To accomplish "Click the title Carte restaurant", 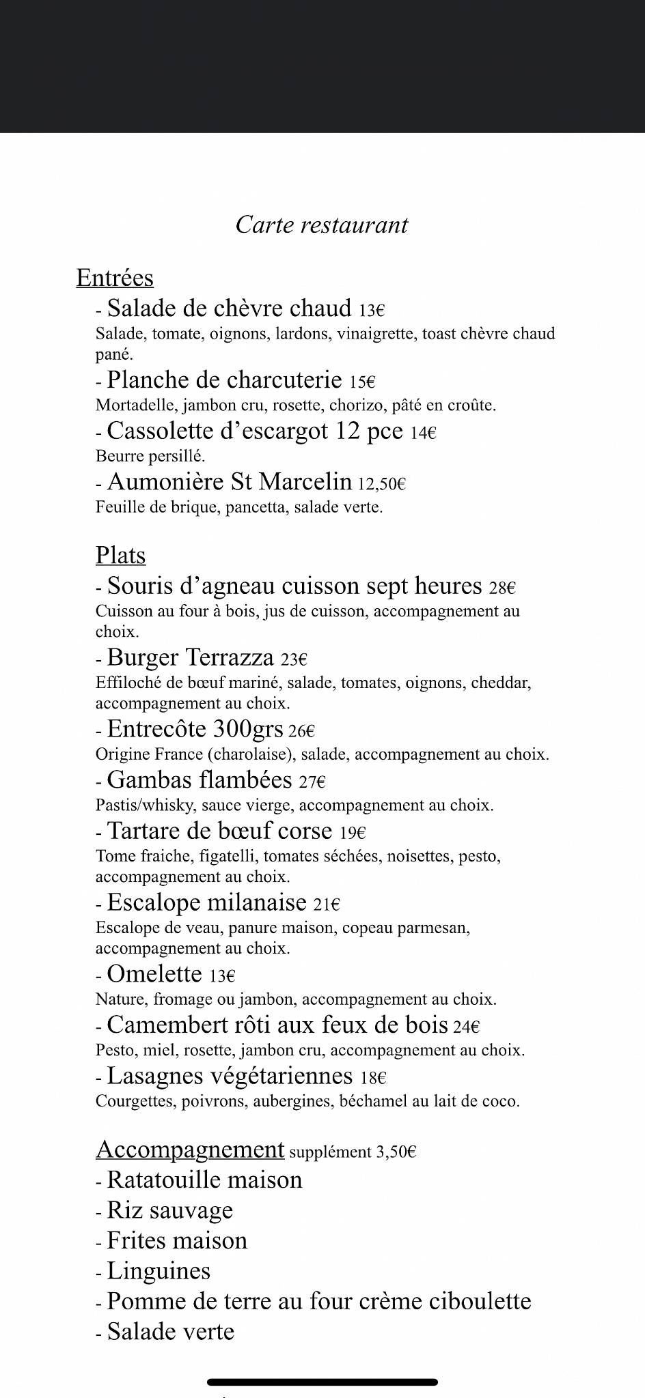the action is [322, 225].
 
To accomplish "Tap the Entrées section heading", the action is [115, 278].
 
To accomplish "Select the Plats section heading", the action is [121, 556].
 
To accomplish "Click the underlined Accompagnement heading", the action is [190, 1150].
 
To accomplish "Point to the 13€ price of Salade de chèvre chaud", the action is [372, 311].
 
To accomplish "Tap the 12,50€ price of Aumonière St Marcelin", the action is [382, 484].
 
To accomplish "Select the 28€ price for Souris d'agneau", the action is [502, 588].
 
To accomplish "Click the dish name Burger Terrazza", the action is [191, 657].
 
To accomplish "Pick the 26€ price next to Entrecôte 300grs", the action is [301, 731].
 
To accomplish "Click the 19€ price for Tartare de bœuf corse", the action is [353, 833].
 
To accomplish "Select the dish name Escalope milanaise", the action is [206, 902].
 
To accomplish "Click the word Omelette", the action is [154, 974].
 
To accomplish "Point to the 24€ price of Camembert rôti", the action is [467, 1027].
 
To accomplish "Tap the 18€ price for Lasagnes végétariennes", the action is [374, 1078].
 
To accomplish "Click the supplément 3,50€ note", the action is [353, 1152].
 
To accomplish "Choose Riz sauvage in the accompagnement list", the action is [170, 1210].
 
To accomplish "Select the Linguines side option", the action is [159, 1271].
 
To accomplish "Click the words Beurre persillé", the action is [150, 456].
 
